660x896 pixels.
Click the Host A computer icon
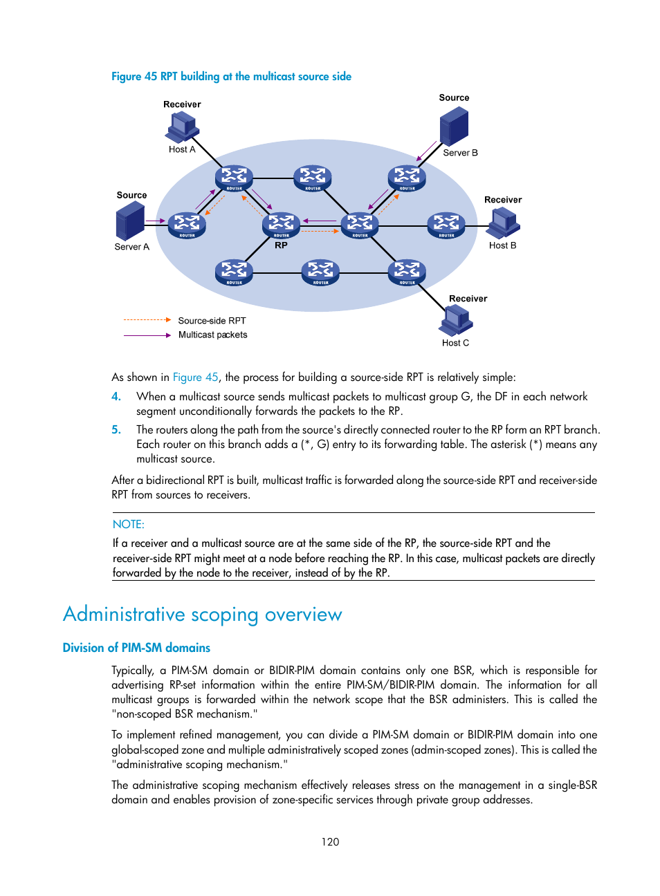pos(182,127)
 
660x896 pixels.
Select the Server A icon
pos(130,221)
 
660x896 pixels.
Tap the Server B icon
pos(454,127)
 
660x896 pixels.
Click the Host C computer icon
pos(457,320)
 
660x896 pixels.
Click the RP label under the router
pos(281,245)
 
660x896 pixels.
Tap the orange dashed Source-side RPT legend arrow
pos(147,320)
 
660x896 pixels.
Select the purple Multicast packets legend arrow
pos(147,335)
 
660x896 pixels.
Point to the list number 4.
pos(116,397)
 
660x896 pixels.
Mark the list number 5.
pos(116,430)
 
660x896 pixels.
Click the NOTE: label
pos(129,525)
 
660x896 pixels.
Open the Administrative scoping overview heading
pos(202,615)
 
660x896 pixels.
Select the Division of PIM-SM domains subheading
pos(136,648)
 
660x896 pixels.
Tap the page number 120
pos(330,842)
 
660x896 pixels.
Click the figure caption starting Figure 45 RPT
pos(231,77)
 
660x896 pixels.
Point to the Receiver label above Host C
pos(468,299)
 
